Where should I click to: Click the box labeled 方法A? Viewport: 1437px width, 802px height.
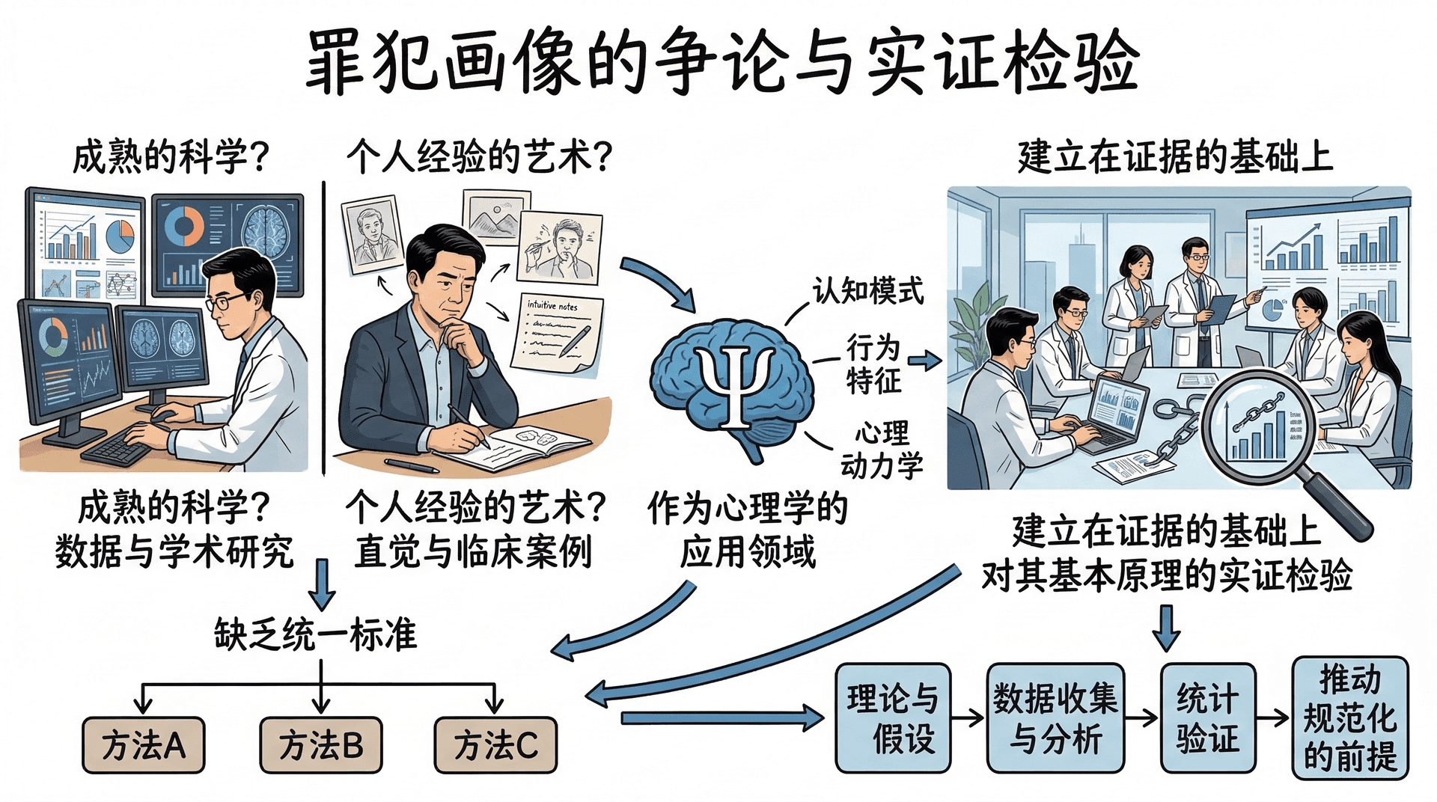coord(143,745)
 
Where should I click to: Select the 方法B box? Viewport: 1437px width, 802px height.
coord(320,745)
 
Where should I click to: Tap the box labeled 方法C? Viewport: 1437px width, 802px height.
coord(495,745)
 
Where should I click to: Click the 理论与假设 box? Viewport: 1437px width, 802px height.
coord(892,718)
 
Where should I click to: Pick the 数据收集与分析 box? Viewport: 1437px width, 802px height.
coord(1055,718)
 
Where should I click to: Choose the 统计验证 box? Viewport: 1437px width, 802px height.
coord(1207,718)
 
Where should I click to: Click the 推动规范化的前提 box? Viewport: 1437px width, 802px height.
coord(1350,718)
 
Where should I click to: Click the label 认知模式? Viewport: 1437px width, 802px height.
coord(868,291)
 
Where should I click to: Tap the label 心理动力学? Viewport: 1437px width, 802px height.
coord(882,449)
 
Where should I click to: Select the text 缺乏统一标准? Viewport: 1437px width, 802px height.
coord(315,634)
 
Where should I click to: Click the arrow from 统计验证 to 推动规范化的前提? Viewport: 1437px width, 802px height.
coord(1273,718)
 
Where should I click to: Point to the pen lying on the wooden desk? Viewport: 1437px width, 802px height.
coord(411,465)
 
